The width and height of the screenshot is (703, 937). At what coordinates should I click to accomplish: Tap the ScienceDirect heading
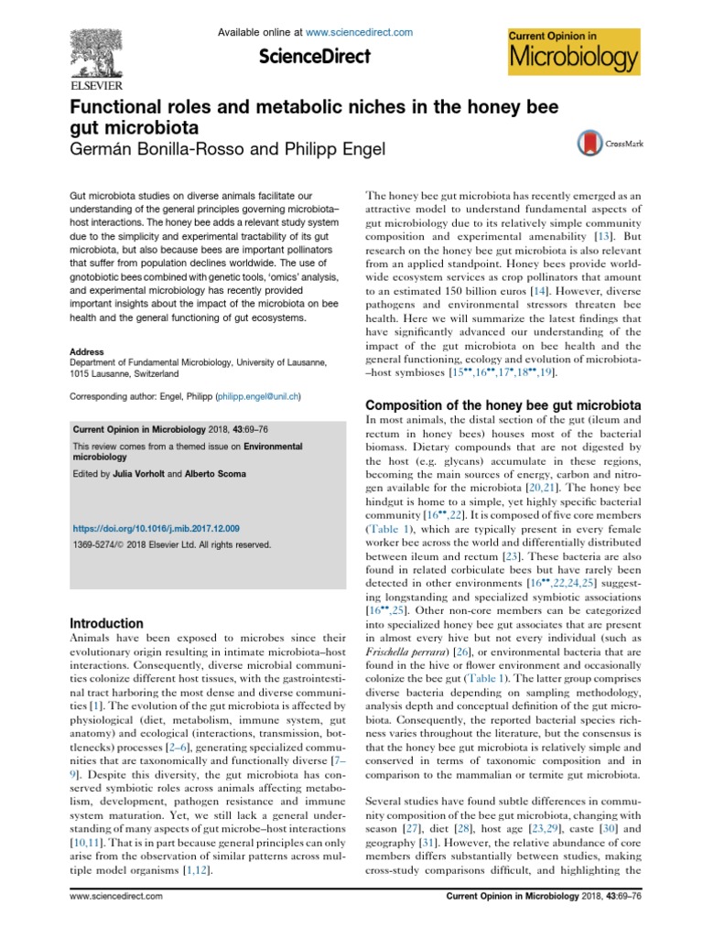pyautogui.click(x=315, y=57)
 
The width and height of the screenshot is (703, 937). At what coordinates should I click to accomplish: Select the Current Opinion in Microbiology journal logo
pyautogui.click(x=573, y=51)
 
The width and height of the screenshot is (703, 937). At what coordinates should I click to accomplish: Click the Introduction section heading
pyautogui.click(x=107, y=622)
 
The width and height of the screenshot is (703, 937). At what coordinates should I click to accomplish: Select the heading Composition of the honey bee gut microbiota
pyautogui.click(x=502, y=404)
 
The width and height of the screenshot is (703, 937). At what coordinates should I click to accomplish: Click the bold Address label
pyautogui.click(x=87, y=350)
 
